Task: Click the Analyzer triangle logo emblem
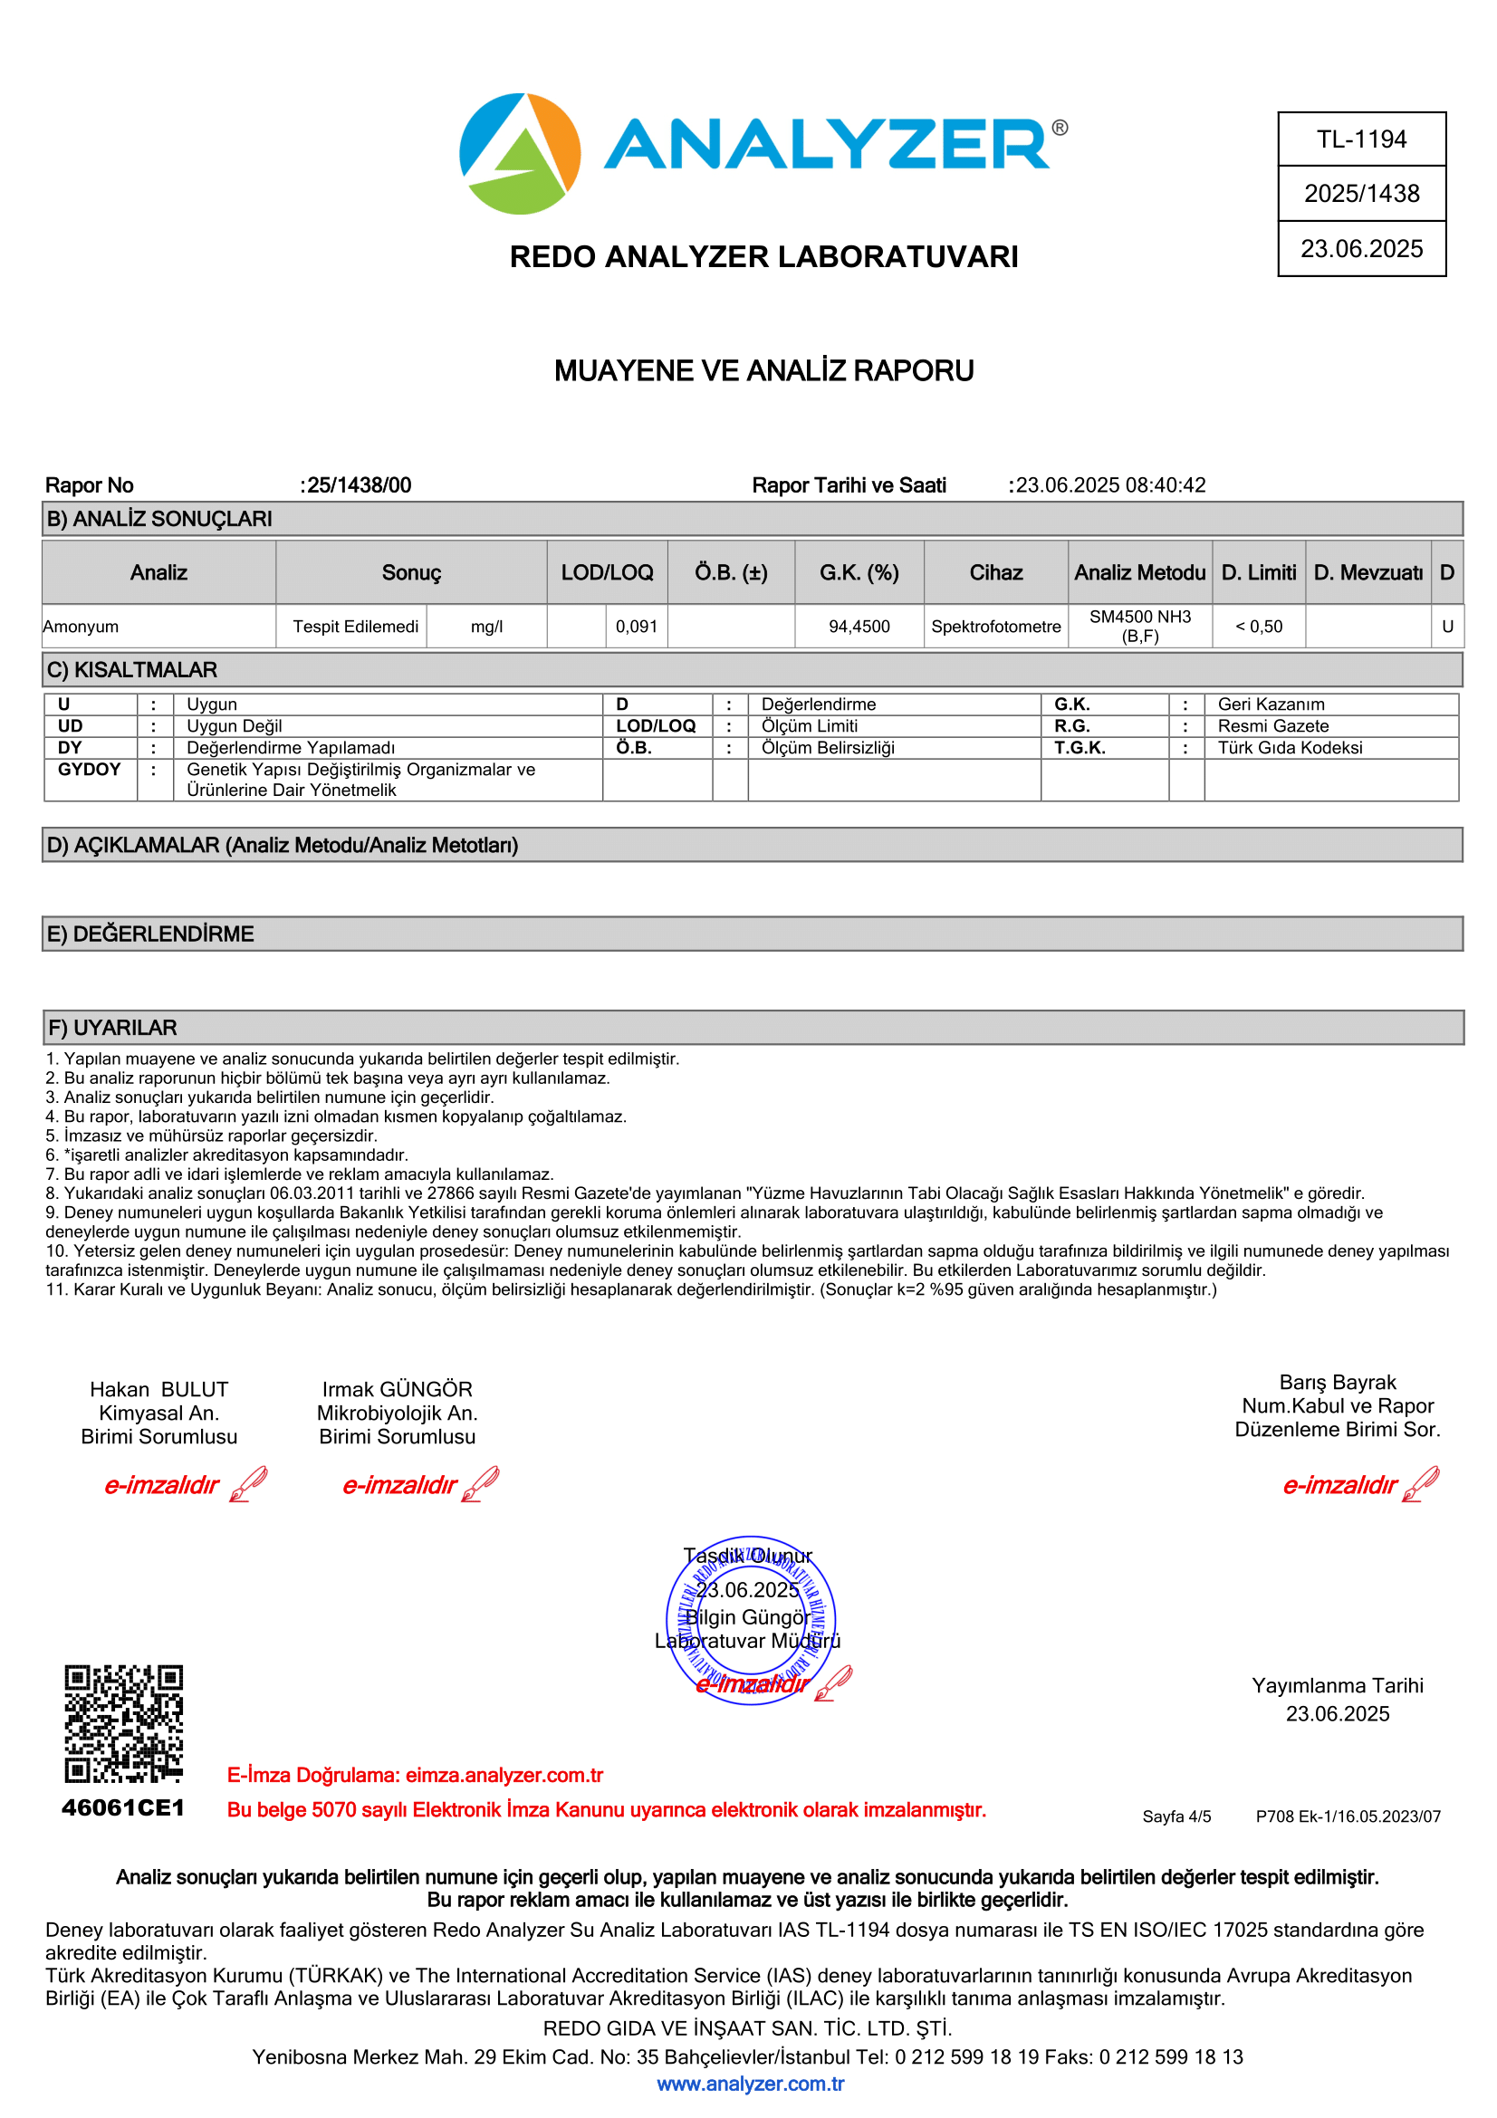(519, 154)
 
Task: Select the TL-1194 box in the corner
(1360, 139)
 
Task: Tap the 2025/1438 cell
(1360, 194)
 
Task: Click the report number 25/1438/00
(359, 485)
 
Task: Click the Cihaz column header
(995, 573)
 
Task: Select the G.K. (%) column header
(859, 573)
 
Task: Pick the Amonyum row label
(82, 627)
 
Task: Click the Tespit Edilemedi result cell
(355, 627)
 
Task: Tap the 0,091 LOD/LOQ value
(637, 627)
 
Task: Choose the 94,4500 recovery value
(859, 627)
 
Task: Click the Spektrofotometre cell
(995, 627)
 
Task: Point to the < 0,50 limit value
(1258, 627)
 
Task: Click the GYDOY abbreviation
(89, 770)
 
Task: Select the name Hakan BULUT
(158, 1389)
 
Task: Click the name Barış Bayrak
(1337, 1382)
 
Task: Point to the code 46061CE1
(123, 1807)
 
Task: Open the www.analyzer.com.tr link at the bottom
(750, 2084)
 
